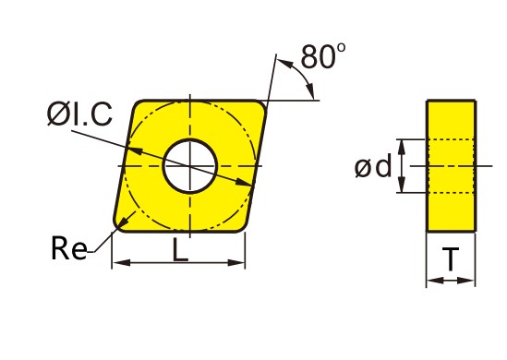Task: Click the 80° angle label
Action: coord(322,56)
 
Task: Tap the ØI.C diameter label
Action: coord(79,114)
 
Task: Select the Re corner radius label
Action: coord(69,248)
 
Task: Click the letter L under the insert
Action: coord(180,249)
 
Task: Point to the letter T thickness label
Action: coord(451,258)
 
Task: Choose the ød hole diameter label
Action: coord(373,166)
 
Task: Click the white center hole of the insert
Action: coord(190,166)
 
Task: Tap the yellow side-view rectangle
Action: coord(452,166)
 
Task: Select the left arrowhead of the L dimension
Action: coord(122,262)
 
